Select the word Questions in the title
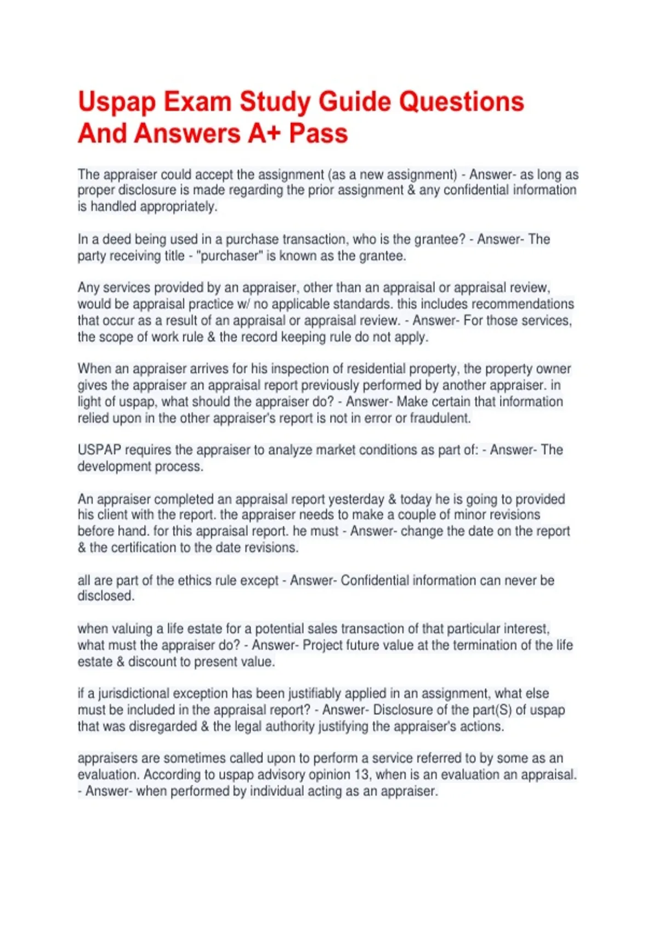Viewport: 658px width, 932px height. [461, 103]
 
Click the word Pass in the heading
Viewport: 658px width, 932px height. [319, 133]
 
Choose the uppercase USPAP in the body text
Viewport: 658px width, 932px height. [99, 450]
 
